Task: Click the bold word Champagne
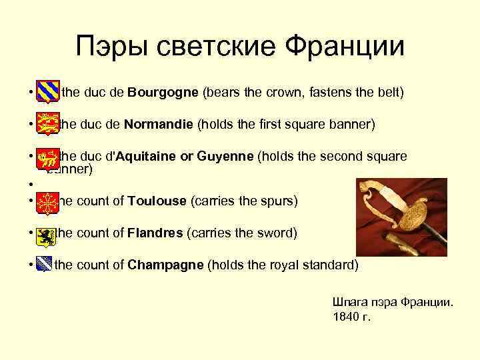click(165, 265)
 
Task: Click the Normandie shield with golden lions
click(47, 123)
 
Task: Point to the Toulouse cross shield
click(46, 201)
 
